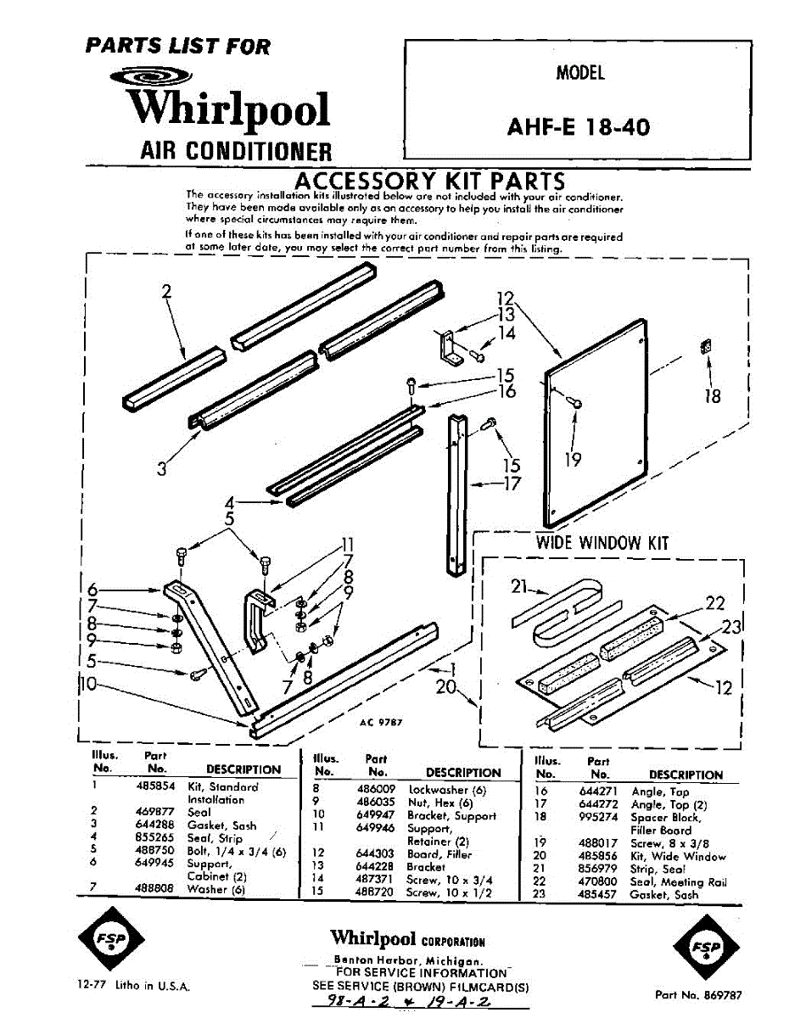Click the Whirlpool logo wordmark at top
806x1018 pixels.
click(227, 109)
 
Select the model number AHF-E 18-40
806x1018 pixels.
click(579, 126)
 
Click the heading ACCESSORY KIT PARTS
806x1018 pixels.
click(428, 181)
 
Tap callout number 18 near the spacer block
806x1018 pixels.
click(713, 395)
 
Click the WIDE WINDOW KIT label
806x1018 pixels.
click(602, 543)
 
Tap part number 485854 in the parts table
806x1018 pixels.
click(154, 786)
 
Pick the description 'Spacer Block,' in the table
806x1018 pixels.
click(666, 818)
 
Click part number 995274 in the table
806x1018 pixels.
click(600, 818)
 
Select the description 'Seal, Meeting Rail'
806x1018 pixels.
click(678, 882)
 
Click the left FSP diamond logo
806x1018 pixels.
click(111, 946)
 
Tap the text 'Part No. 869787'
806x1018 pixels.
click(698, 994)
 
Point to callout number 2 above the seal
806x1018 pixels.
click(166, 292)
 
